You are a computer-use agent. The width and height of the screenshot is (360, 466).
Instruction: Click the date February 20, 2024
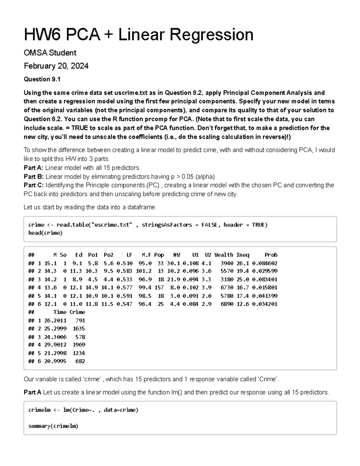56,66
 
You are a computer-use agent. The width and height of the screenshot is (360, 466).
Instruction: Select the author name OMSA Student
50,53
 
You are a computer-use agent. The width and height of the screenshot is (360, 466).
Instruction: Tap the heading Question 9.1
42,79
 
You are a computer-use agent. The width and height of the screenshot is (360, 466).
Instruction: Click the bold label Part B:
34,176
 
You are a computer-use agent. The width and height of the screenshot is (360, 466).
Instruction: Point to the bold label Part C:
34,185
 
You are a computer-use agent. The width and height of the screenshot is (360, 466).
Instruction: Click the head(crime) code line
45,233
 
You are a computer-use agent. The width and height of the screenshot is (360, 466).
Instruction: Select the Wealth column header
223,255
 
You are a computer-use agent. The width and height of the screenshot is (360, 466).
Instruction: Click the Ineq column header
242,255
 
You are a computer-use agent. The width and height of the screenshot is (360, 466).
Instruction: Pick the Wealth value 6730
227,287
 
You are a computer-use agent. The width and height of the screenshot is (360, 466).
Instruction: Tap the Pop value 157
159,287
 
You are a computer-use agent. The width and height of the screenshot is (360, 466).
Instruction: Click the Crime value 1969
79,345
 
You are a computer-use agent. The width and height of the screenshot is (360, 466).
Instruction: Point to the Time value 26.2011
55,320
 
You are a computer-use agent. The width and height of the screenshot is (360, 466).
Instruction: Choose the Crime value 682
80,361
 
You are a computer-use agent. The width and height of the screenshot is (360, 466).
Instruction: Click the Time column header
60,312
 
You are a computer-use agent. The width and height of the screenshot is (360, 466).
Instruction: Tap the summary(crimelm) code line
53,426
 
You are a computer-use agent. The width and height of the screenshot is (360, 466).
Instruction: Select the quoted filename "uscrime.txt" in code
112,225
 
